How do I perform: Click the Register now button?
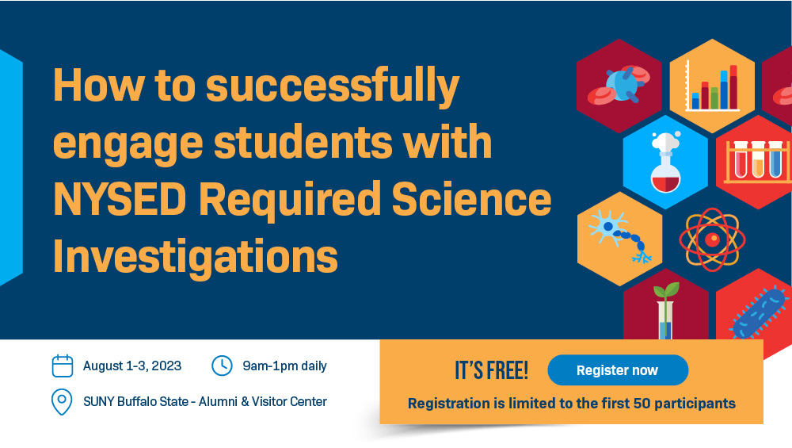coord(617,370)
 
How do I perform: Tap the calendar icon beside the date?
coord(63,366)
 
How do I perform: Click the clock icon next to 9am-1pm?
coord(222,366)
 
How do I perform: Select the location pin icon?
coord(62,402)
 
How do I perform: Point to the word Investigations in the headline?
coord(196,255)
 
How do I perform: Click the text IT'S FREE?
coord(491,370)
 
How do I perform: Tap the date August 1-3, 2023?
coord(132,366)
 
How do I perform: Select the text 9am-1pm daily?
coord(285,366)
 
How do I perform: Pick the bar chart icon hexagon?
coord(712,86)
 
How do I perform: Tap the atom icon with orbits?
coord(712,239)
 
